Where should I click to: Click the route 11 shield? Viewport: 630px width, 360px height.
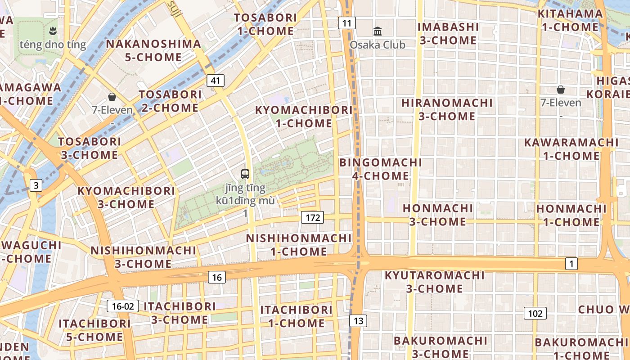[x=346, y=23]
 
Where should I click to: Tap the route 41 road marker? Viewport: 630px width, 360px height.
[x=216, y=81]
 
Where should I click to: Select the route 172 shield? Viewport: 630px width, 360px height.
[x=312, y=218]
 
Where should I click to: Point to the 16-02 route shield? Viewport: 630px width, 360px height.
[x=123, y=306]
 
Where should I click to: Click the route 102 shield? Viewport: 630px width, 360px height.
[x=535, y=313]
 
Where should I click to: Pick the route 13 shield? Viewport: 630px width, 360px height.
[x=358, y=321]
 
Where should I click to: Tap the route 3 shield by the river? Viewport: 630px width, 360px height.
[x=36, y=185]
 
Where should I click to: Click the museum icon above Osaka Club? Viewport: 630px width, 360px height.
[x=378, y=31]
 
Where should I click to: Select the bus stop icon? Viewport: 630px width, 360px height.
[x=245, y=174]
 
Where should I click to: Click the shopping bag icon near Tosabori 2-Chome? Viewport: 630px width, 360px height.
[x=112, y=97]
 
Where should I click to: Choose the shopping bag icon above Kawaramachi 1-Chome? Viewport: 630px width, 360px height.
[x=561, y=90]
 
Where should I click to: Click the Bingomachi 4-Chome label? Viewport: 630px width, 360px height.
[x=381, y=169]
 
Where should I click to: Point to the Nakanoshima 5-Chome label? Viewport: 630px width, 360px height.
[x=153, y=50]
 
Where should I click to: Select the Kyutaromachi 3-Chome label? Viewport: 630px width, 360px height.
[x=435, y=282]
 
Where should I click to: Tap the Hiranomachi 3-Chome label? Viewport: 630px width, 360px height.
[x=447, y=109]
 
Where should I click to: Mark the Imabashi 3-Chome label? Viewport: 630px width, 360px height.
[x=448, y=33]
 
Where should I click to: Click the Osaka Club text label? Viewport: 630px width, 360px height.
[x=378, y=45]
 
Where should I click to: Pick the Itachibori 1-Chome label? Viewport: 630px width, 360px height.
[x=297, y=316]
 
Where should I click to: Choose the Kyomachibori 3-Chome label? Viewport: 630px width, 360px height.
[x=126, y=197]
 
